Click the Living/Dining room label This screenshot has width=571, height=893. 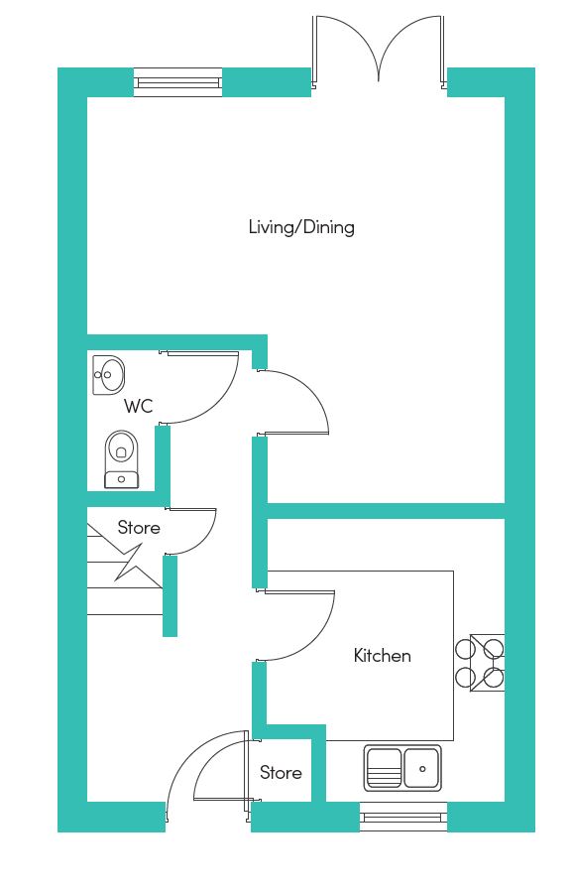tap(301, 227)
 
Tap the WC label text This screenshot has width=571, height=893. tap(138, 406)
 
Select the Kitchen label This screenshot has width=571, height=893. tap(383, 656)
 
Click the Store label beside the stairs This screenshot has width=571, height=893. tap(139, 528)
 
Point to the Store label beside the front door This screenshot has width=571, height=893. tap(281, 772)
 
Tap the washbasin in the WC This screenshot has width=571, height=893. tap(108, 375)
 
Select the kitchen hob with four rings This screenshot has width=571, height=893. tap(481, 663)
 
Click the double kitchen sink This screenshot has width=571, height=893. tap(402, 768)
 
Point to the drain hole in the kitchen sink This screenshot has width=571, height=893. tap(422, 769)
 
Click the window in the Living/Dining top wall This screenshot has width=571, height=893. tap(177, 82)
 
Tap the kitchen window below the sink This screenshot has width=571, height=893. tap(403, 818)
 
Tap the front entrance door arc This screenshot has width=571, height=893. tap(186, 757)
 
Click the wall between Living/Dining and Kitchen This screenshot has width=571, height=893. tap(387, 511)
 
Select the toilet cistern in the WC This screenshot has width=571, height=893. tap(121, 479)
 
